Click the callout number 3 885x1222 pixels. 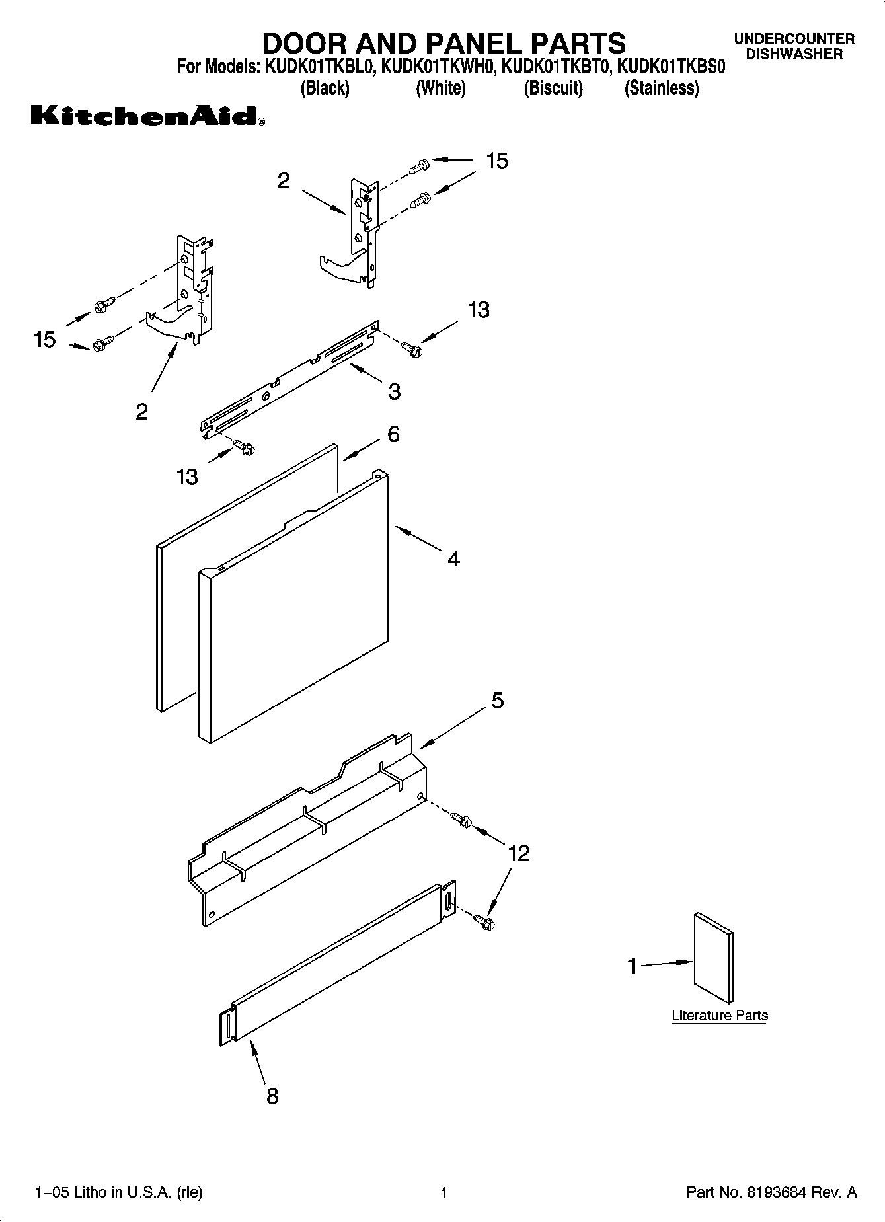394,392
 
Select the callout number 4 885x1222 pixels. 453,559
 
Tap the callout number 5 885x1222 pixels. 497,700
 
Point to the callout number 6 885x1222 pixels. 393,434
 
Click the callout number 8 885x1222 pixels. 272,1097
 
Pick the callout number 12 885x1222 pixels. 519,853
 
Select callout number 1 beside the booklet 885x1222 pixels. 632,966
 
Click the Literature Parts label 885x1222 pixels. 719,1015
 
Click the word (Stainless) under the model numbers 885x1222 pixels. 661,88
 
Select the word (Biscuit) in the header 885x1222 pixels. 553,88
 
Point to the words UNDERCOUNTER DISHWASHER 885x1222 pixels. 794,47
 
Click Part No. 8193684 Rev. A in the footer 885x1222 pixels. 771,1192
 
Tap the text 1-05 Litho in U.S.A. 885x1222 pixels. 118,1192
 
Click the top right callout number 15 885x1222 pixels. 497,161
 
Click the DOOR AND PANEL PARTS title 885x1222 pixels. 443,44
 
